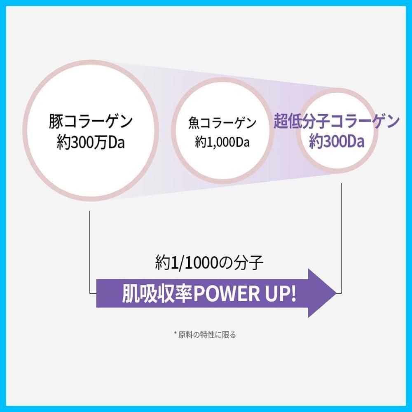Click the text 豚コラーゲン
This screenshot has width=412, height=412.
[91, 122]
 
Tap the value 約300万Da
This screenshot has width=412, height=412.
[91, 143]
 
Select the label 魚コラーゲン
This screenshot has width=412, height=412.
[222, 123]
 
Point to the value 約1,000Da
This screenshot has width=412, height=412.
[222, 143]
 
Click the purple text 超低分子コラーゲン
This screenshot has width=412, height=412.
[337, 121]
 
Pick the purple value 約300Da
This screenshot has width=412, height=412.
[337, 142]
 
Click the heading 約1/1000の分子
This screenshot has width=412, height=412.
[209, 262]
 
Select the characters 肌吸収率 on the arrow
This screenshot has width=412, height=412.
[158, 293]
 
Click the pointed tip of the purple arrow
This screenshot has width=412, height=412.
[337, 293]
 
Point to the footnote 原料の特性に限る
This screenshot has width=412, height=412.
[207, 335]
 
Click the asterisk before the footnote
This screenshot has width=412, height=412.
[175, 333]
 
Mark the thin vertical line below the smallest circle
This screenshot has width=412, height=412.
[341, 238]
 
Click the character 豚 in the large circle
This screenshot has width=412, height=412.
[56, 122]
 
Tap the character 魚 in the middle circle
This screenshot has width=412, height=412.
[194, 123]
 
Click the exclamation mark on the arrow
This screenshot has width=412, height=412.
[293, 293]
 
